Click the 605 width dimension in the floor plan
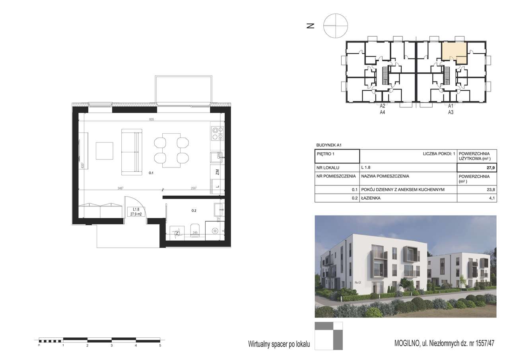click(x=151, y=119)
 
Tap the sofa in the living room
click(x=131, y=152)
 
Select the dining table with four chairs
click(x=171, y=150)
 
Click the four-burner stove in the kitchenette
click(x=217, y=133)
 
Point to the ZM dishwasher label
click(x=217, y=172)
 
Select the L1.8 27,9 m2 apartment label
click(x=136, y=211)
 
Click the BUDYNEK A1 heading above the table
click(x=329, y=146)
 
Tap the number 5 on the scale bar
click(x=160, y=346)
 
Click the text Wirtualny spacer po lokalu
click(x=278, y=344)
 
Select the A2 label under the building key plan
click(x=383, y=106)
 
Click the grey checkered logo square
click(x=328, y=336)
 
